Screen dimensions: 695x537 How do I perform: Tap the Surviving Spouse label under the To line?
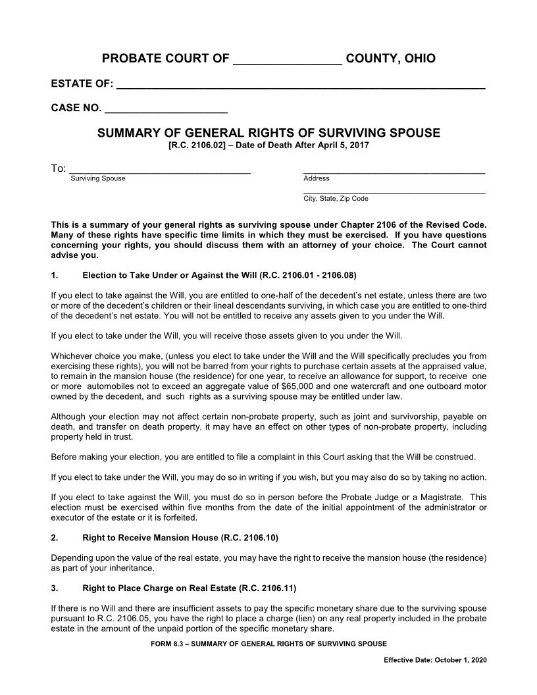click(x=97, y=178)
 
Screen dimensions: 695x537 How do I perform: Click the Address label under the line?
click(x=316, y=178)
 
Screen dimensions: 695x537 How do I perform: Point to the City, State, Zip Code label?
click(x=336, y=198)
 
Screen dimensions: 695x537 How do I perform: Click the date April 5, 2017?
click(x=342, y=145)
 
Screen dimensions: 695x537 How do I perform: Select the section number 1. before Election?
click(x=55, y=275)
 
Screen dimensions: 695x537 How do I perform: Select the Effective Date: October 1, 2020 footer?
click(x=435, y=660)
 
